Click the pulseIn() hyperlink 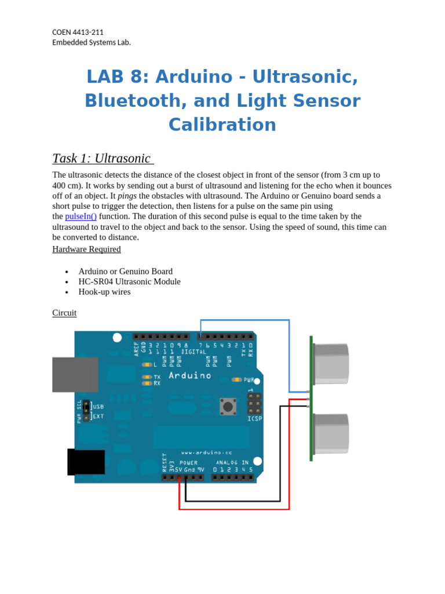pyautogui.click(x=81, y=216)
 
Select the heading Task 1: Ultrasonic pyautogui.click(x=102, y=158)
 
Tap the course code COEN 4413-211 pyautogui.click(x=78, y=32)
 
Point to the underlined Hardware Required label pyautogui.click(x=86, y=249)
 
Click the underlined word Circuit pyautogui.click(x=64, y=313)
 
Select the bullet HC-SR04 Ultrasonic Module pyautogui.click(x=129, y=281)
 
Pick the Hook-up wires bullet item pyautogui.click(x=104, y=292)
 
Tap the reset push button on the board pyautogui.click(x=228, y=407)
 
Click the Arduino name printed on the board pyautogui.click(x=190, y=376)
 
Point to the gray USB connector pyautogui.click(x=75, y=375)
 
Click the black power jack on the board pyautogui.click(x=86, y=462)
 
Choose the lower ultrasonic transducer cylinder pyautogui.click(x=331, y=433)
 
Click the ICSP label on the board pyautogui.click(x=254, y=419)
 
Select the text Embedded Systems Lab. pyautogui.click(x=92, y=42)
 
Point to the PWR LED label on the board pyautogui.click(x=249, y=381)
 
